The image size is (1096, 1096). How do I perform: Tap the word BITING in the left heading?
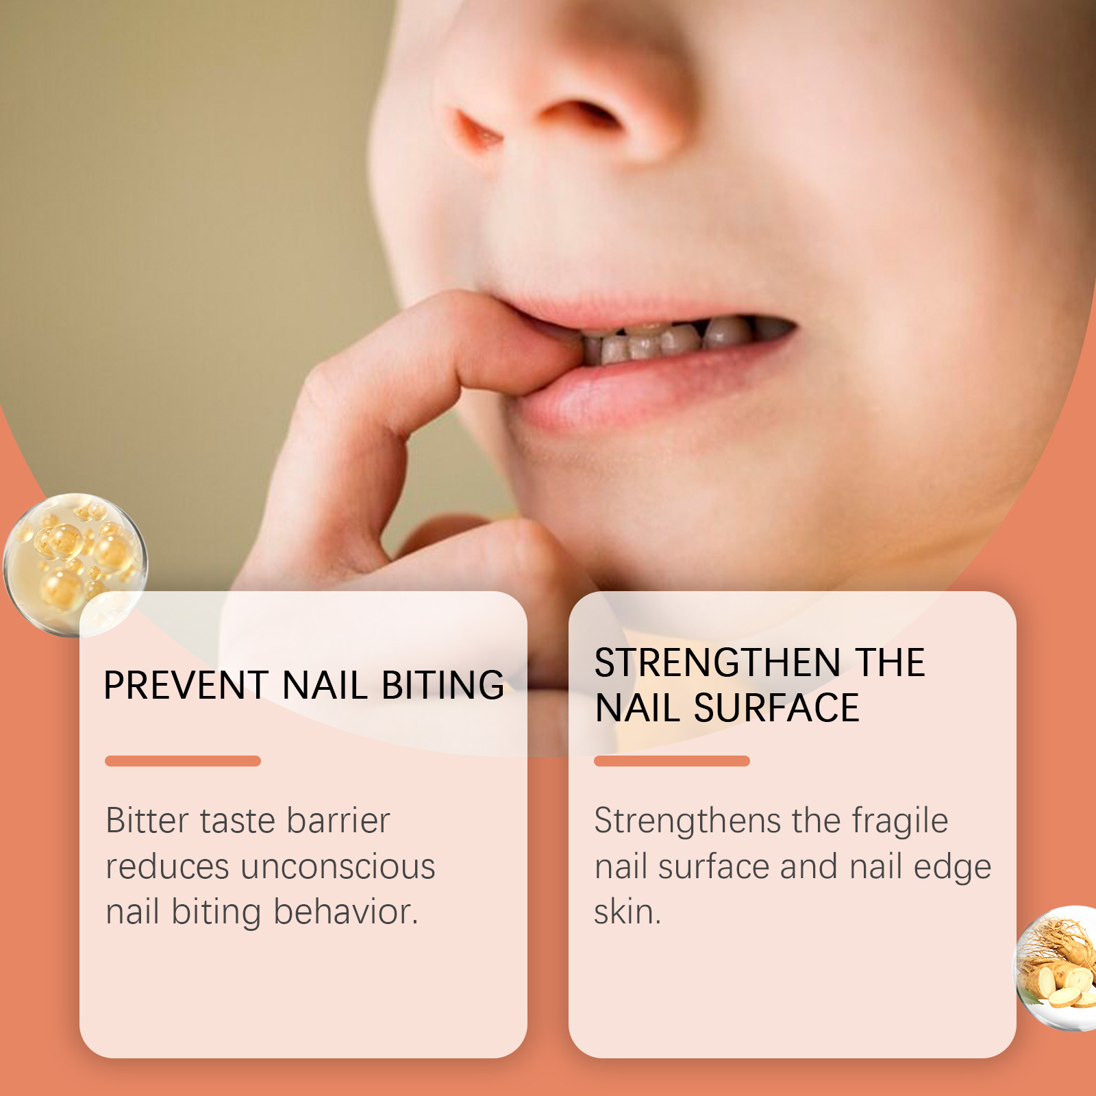point(443,685)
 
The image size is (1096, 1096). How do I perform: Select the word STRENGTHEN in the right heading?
point(717,662)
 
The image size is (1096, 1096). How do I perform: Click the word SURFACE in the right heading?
point(776,708)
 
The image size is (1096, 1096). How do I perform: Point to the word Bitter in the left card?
point(147,820)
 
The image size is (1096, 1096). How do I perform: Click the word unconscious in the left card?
point(338,867)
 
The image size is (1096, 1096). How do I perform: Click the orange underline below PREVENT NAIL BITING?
point(183,761)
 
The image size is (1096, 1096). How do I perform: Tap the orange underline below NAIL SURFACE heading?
point(672,761)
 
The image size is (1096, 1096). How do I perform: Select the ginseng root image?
point(1055,967)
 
